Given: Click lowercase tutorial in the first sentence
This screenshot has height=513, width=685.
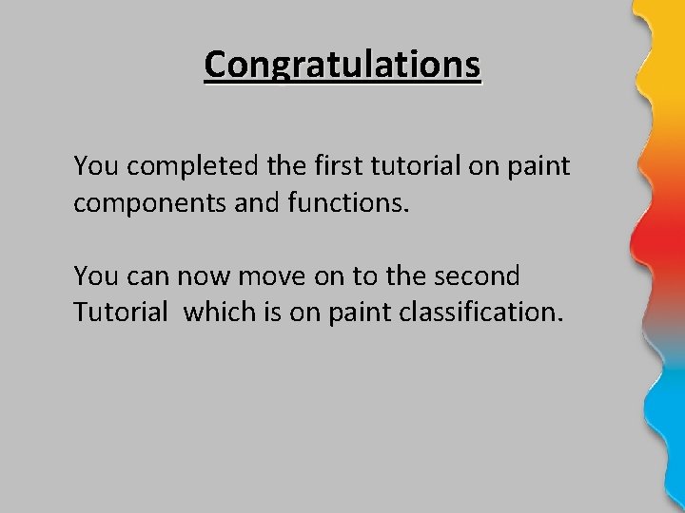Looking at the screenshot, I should point(401,166).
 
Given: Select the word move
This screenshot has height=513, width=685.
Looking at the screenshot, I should point(262,276).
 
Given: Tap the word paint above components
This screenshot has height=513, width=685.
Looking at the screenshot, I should point(538,168).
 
